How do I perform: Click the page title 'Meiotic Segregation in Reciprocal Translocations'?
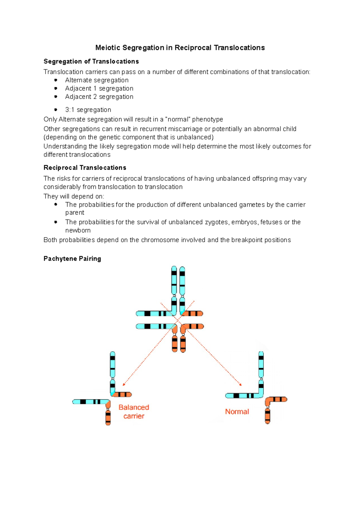coord(180,48)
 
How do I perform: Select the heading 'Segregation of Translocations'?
coord(91,61)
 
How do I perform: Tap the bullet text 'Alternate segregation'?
coord(97,80)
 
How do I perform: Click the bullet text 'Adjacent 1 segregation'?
coord(99,88)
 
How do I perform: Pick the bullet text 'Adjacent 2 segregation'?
coord(99,97)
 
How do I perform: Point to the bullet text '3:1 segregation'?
coord(88,110)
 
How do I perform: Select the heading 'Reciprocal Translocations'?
coord(85,168)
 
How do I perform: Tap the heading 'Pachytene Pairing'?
coord(72,259)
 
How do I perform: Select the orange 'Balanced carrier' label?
coord(134,412)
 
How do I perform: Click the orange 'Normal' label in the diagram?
coord(237,412)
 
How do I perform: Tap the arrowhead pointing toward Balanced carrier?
coord(124,385)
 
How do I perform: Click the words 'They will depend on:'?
coord(74,197)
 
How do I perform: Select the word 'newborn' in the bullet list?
coord(78,231)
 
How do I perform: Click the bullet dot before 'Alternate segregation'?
coord(56,80)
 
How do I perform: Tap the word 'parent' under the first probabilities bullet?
coord(75,213)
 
